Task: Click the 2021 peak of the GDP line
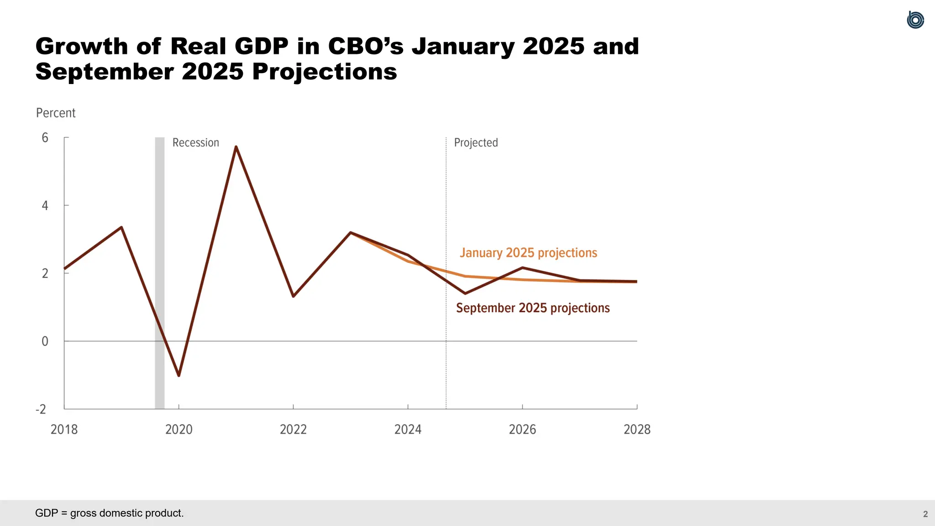pos(236,147)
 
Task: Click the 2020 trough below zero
pos(179,375)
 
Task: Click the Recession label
pos(195,143)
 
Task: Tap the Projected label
pos(476,143)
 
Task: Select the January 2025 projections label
pos(528,252)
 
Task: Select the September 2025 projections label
pos(533,308)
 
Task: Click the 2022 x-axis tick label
pos(293,429)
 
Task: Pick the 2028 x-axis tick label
pos(637,429)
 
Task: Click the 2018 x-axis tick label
pos(64,429)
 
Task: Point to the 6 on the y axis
pos(45,138)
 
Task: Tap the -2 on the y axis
pos(41,409)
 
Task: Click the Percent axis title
pos(56,113)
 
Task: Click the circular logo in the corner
pos(915,20)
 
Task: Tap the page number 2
pos(925,514)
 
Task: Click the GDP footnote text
pos(109,513)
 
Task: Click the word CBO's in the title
pos(366,47)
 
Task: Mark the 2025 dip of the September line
pos(465,293)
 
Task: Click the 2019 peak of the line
pos(121,227)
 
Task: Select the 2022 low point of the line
pos(293,296)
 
